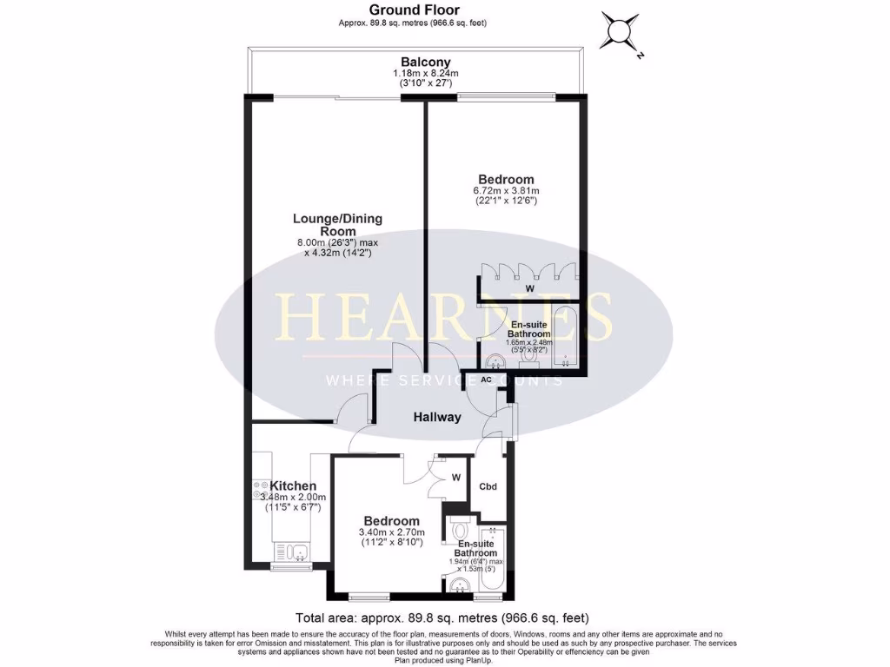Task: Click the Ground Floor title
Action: pyautogui.click(x=413, y=10)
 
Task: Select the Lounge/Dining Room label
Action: pyautogui.click(x=337, y=225)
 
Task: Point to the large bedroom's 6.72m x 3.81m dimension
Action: pyautogui.click(x=506, y=191)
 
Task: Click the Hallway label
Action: pyautogui.click(x=437, y=417)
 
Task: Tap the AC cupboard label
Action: pyautogui.click(x=487, y=380)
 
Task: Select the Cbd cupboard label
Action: pyautogui.click(x=488, y=486)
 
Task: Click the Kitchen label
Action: pyautogui.click(x=293, y=485)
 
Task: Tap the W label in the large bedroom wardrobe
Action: pyautogui.click(x=529, y=289)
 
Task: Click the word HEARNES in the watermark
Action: pyautogui.click(x=443, y=318)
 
